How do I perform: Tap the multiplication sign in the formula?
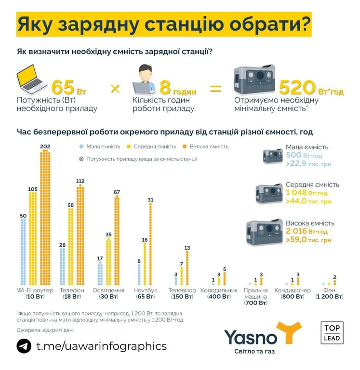coord(115,89)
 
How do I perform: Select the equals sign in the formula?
coord(215,89)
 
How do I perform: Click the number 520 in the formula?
coord(296,89)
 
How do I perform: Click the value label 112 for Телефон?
coord(80,181)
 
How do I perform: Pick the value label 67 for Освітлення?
coord(116,192)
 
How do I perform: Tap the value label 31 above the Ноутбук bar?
coord(150,199)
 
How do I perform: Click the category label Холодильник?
coord(219,291)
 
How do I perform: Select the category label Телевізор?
coord(182,291)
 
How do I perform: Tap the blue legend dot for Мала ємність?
coord(81,146)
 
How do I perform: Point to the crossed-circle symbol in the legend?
coord(81,159)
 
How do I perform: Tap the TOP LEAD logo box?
coord(332,332)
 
